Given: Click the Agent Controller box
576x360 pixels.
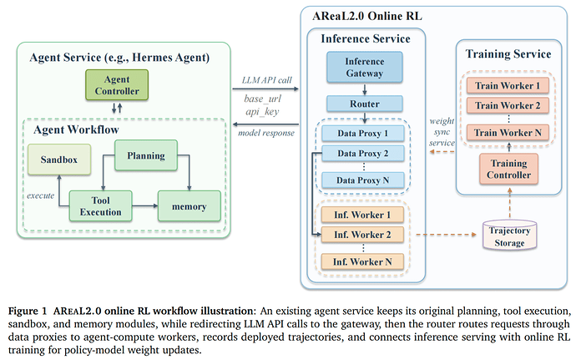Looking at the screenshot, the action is click(117, 85).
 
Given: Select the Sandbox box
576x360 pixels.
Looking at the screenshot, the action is click(59, 160).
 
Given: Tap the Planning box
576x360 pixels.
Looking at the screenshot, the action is click(146, 155).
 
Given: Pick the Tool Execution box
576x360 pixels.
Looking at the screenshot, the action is click(101, 206).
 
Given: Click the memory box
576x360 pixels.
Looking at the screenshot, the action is click(189, 206).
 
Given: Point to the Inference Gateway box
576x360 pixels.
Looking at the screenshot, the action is click(365, 67).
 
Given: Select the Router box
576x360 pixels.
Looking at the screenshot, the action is click(365, 104).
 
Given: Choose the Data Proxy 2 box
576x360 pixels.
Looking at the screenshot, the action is click(363, 154).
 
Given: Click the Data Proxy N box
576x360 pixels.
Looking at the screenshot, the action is click(363, 180).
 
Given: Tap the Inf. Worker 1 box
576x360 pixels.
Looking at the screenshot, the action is click(362, 215).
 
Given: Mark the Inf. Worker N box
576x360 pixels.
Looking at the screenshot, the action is click(362, 261).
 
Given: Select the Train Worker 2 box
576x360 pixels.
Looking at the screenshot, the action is click(508, 105).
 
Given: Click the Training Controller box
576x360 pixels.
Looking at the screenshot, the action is click(508, 169).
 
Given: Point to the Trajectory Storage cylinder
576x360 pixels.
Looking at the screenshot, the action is click(509, 236).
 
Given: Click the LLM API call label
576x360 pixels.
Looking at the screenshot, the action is click(266, 80).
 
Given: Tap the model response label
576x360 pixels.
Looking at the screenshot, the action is click(266, 133).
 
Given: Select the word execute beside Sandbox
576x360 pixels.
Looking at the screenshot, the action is click(40, 195).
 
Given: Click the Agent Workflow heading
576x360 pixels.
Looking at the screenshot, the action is click(77, 129).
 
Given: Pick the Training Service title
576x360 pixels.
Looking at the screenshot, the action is click(508, 54).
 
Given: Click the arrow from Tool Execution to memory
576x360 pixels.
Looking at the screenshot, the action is click(144, 206).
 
